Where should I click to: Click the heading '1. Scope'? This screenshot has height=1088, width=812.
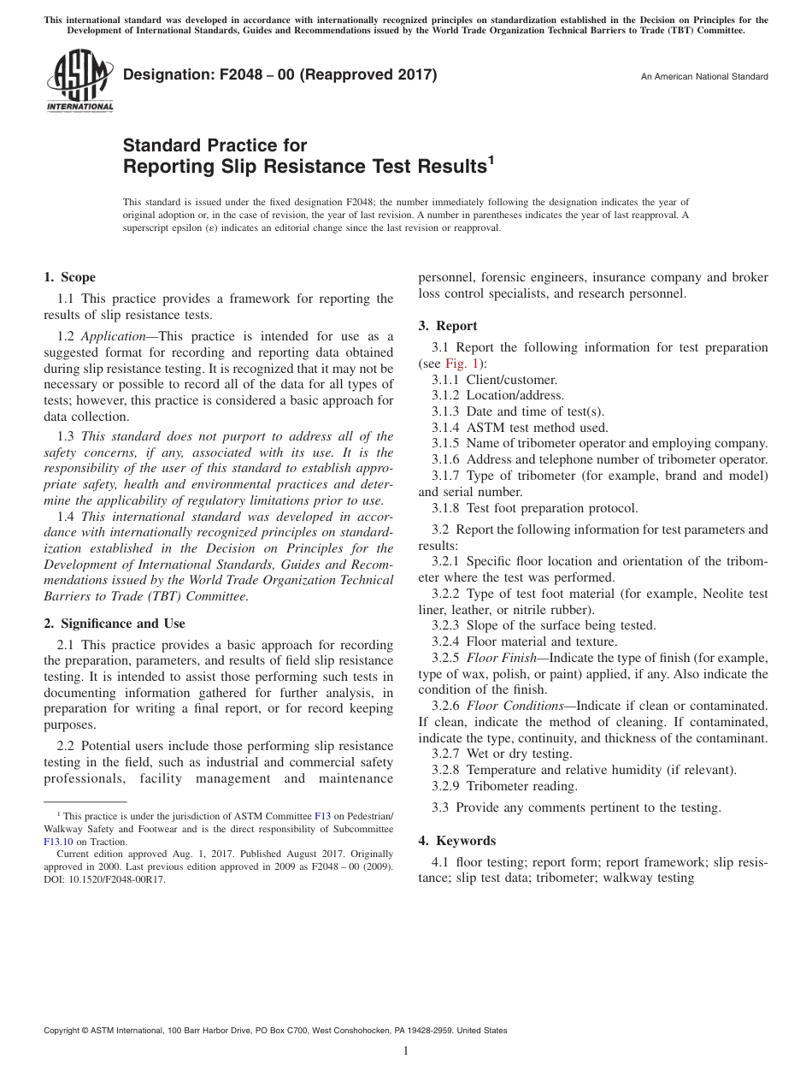[x=69, y=277]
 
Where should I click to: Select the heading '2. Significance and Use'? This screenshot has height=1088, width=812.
[x=115, y=624]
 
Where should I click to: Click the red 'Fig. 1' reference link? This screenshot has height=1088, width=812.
[x=462, y=363]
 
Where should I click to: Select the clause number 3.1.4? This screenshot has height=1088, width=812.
[x=445, y=428]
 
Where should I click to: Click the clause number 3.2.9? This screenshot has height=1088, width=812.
[x=445, y=786]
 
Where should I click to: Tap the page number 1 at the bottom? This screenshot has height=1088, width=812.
[x=406, y=1051]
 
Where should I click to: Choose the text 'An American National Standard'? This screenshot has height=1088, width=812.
[x=704, y=77]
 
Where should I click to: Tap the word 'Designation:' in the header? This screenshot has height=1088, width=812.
[x=161, y=75]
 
